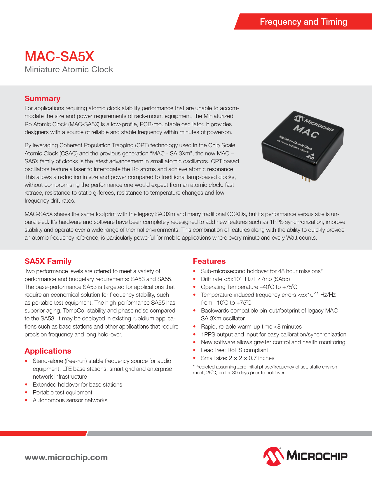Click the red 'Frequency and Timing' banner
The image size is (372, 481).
coord(303,22)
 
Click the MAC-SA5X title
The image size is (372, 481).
coord(59,57)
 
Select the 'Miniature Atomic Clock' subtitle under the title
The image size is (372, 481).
coord(69,70)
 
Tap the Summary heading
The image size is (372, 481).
coord(42,99)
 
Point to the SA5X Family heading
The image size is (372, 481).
coord(48,261)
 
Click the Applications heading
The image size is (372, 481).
coord(48,351)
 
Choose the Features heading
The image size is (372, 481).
coord(209,261)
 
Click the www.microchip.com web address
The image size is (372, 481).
coord(66,457)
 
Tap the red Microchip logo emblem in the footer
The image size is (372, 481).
coord(273,456)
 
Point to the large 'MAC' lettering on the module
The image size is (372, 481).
coord(306,131)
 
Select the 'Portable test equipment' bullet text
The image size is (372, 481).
coord(62,392)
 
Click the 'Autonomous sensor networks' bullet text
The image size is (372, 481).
coord(70,400)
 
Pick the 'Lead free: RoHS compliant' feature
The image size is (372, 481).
coord(234,350)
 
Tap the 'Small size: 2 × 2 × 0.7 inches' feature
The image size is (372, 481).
coord(237,358)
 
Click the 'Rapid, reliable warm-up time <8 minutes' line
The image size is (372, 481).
coord(251,326)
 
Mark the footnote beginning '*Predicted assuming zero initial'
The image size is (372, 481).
coord(266,370)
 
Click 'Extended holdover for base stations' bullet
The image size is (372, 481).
coord(77,385)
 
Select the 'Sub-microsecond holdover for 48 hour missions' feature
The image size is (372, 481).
coord(261,271)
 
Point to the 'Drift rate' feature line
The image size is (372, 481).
coord(245,279)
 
